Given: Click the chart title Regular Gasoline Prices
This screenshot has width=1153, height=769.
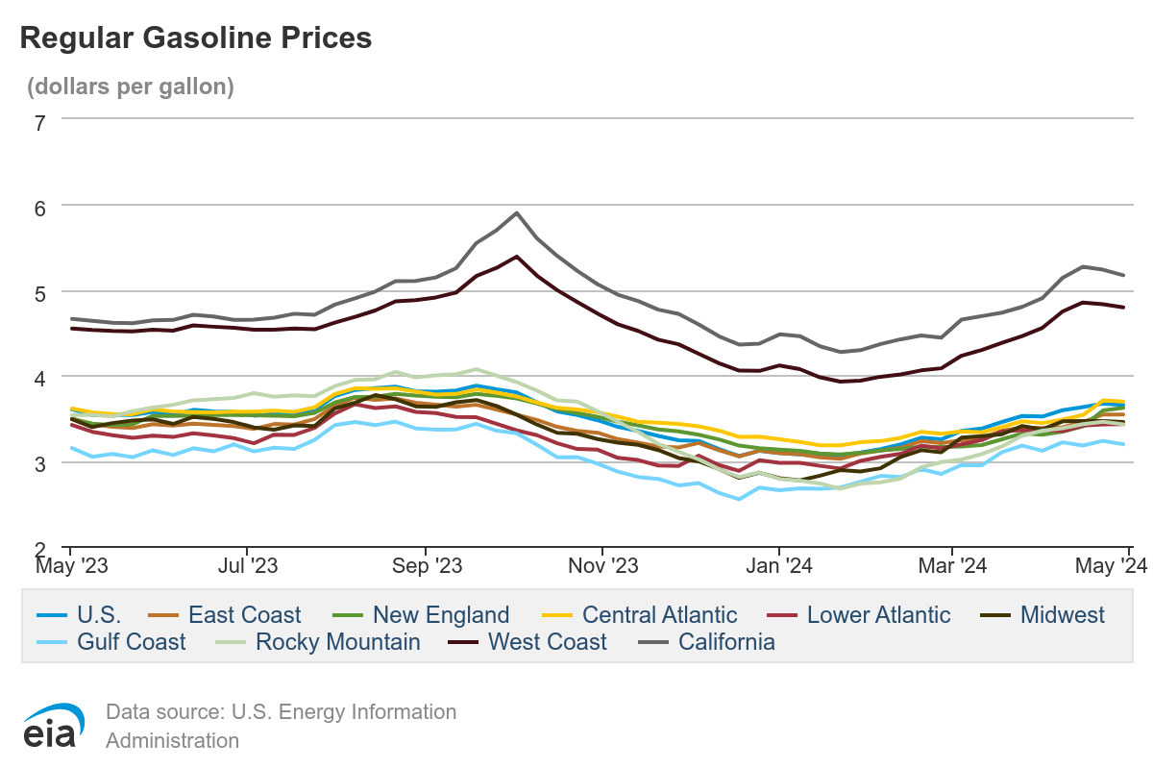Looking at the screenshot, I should [x=195, y=37].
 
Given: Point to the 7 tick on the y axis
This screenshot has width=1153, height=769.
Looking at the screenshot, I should [x=39, y=122].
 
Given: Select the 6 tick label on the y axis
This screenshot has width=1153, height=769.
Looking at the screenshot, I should [x=39, y=207].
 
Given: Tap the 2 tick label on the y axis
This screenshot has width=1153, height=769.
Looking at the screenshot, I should [x=39, y=550].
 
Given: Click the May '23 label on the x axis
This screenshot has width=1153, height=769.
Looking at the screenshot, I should [x=72, y=566].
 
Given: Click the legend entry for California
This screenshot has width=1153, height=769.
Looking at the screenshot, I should [x=725, y=642].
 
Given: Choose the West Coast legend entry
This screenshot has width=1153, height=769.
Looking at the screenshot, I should [x=547, y=642].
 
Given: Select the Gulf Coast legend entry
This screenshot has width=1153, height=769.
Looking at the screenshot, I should [x=131, y=642].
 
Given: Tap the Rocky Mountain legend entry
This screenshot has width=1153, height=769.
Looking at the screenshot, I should [x=337, y=642].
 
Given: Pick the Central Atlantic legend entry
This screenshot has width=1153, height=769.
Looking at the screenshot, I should [x=659, y=615].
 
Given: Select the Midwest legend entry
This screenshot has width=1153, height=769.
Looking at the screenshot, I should [x=1062, y=615].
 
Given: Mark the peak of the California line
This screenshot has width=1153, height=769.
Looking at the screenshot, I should [x=517, y=213].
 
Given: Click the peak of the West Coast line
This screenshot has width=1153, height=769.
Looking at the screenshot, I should [x=517, y=257].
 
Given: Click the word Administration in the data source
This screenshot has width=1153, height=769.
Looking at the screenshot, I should [x=172, y=740].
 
